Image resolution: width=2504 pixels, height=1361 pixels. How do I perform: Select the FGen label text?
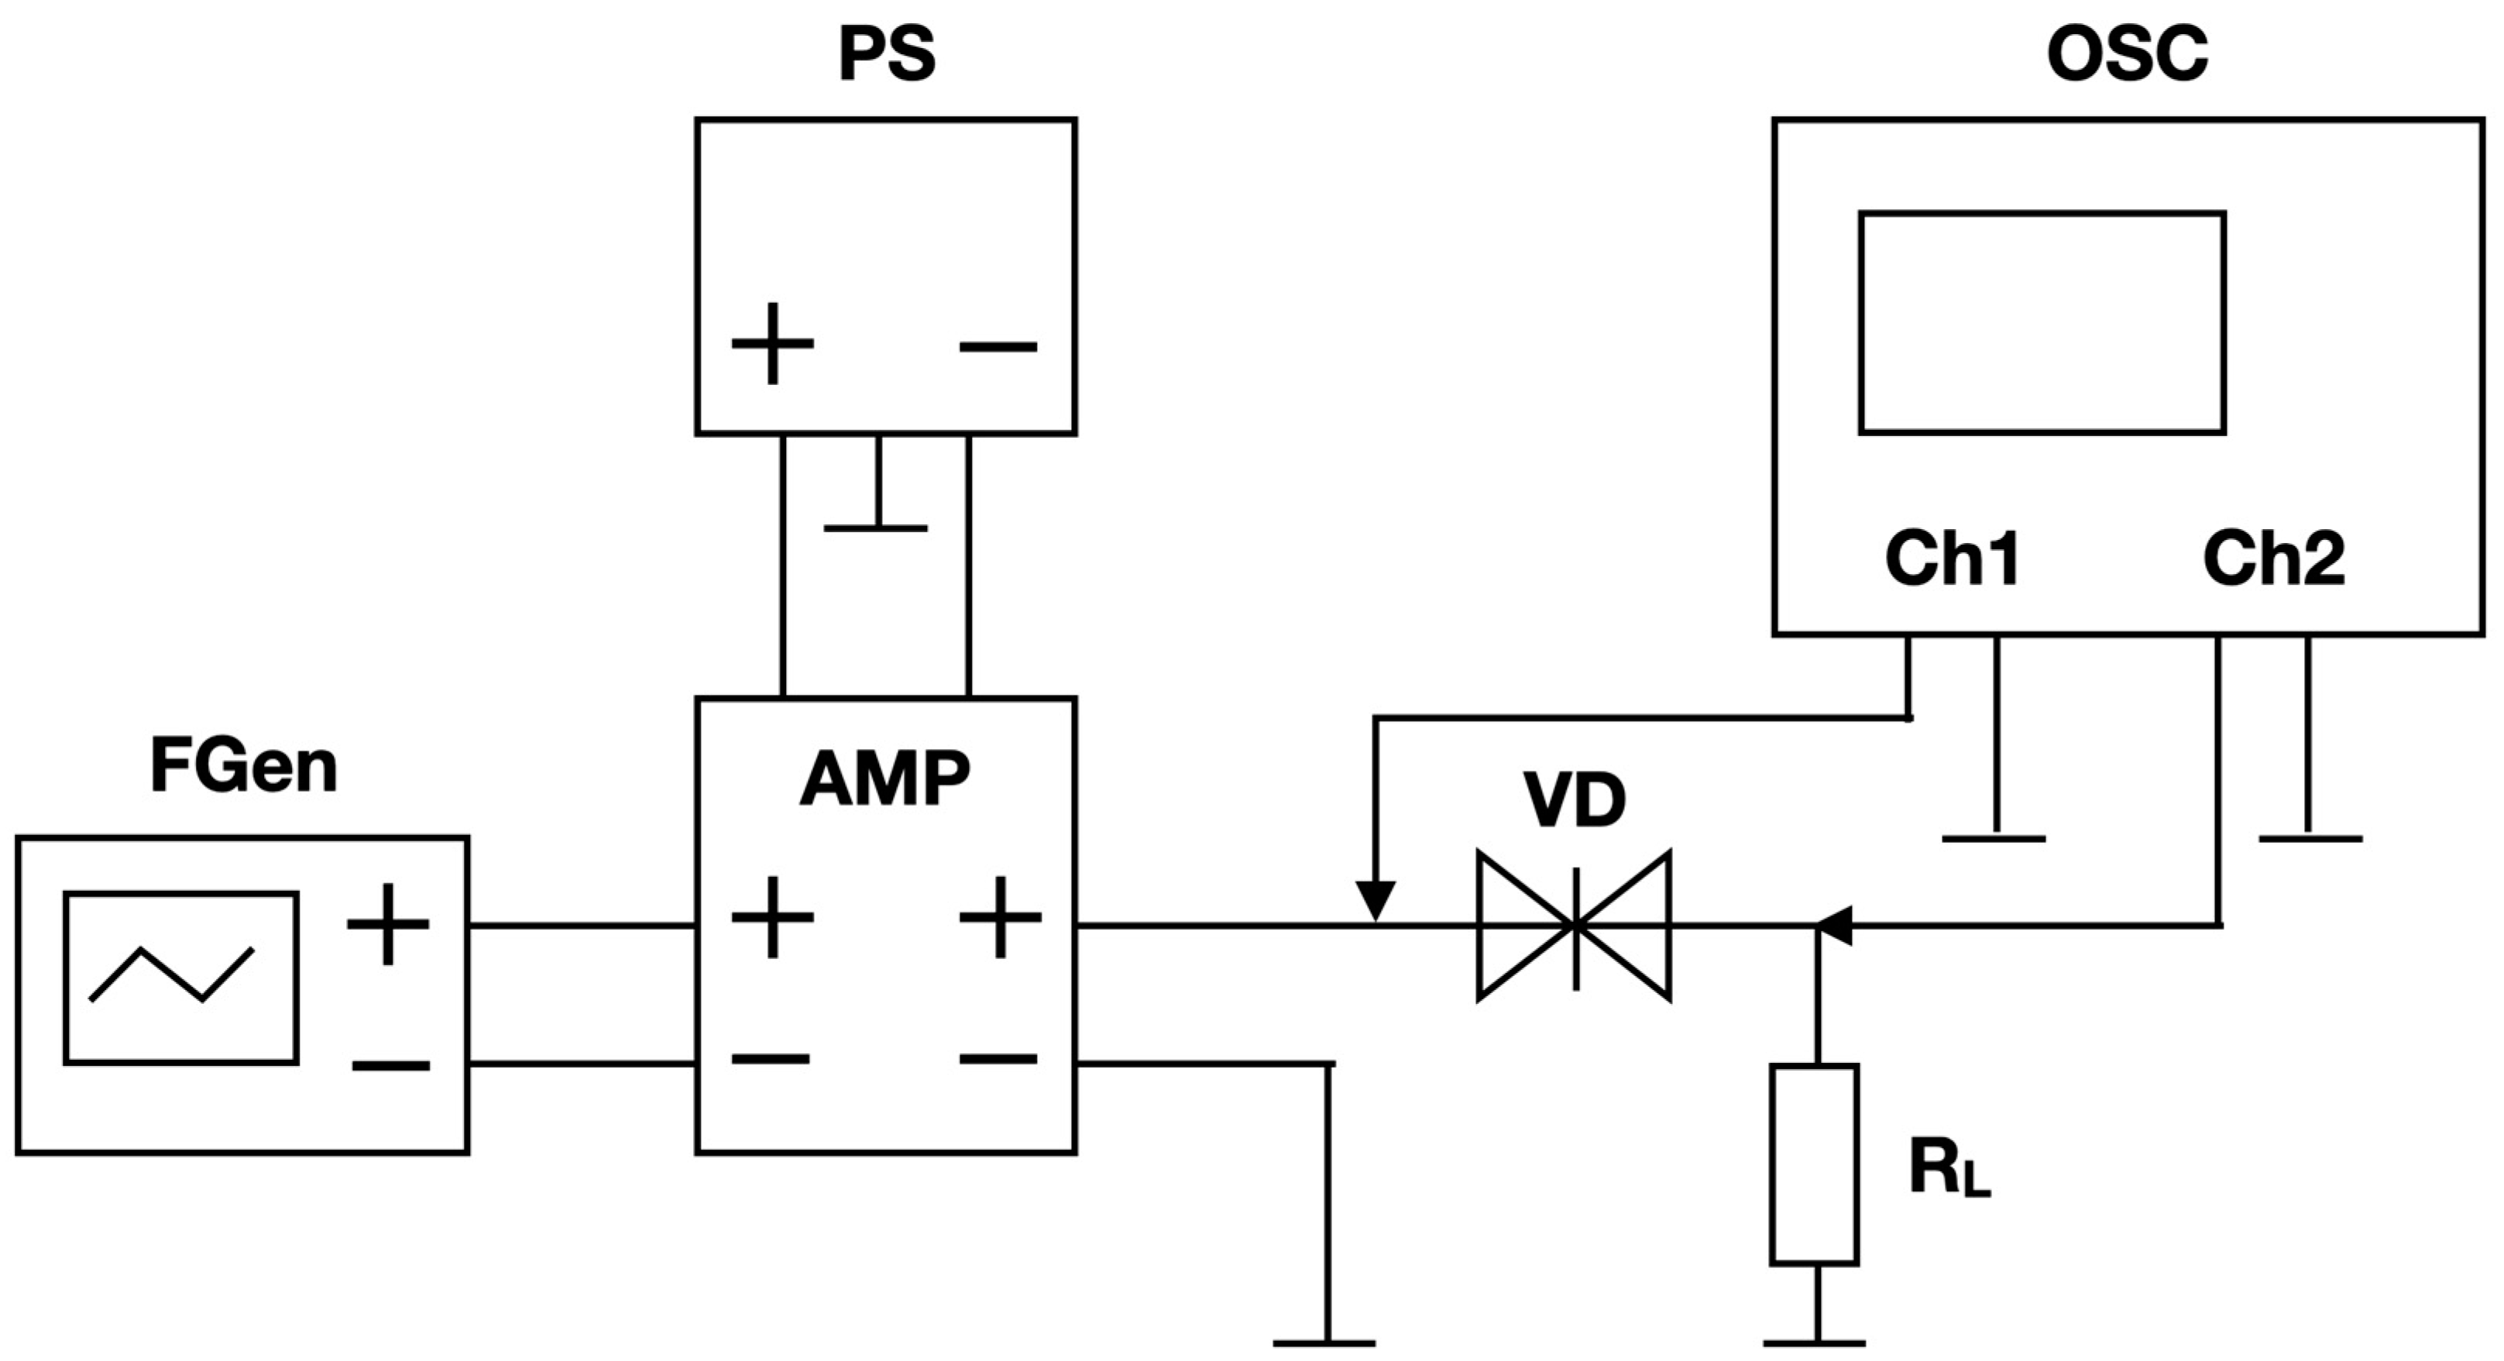tap(243, 767)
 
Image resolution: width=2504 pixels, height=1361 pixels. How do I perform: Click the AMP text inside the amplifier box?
tap(884, 780)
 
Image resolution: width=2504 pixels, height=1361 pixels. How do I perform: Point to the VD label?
tap(1575, 802)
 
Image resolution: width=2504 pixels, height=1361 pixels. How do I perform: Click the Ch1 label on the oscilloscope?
tap(1953, 559)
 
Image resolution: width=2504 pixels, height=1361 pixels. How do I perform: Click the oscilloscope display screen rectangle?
tap(2042, 323)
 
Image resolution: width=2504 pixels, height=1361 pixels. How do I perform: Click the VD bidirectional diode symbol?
tap(1574, 926)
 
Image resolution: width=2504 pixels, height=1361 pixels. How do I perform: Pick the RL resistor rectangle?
tap(1815, 1164)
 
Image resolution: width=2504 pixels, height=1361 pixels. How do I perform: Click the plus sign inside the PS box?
tap(773, 343)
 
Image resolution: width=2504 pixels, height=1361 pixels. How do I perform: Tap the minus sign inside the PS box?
tap(998, 346)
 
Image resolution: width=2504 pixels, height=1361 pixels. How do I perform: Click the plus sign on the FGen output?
tap(388, 923)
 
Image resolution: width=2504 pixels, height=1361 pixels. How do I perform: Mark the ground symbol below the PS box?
tap(876, 526)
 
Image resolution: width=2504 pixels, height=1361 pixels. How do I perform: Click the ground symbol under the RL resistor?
tap(1815, 1342)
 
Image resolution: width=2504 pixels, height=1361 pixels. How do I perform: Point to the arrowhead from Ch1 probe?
tap(1376, 900)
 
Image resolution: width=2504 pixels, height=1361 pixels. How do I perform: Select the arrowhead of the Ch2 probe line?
tap(1836, 926)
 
